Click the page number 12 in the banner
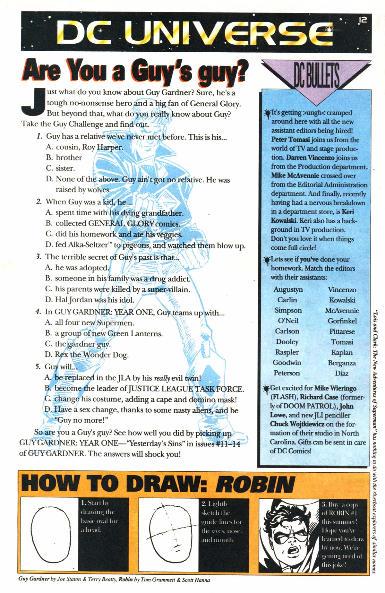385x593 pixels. tap(362, 20)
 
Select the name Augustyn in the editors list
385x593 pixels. tap(288, 289)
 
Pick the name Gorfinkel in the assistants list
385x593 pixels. tap(342, 321)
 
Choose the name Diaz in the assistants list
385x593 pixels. tap(342, 373)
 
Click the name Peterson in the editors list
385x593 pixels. tap(287, 373)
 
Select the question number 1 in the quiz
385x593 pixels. tap(39, 136)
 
